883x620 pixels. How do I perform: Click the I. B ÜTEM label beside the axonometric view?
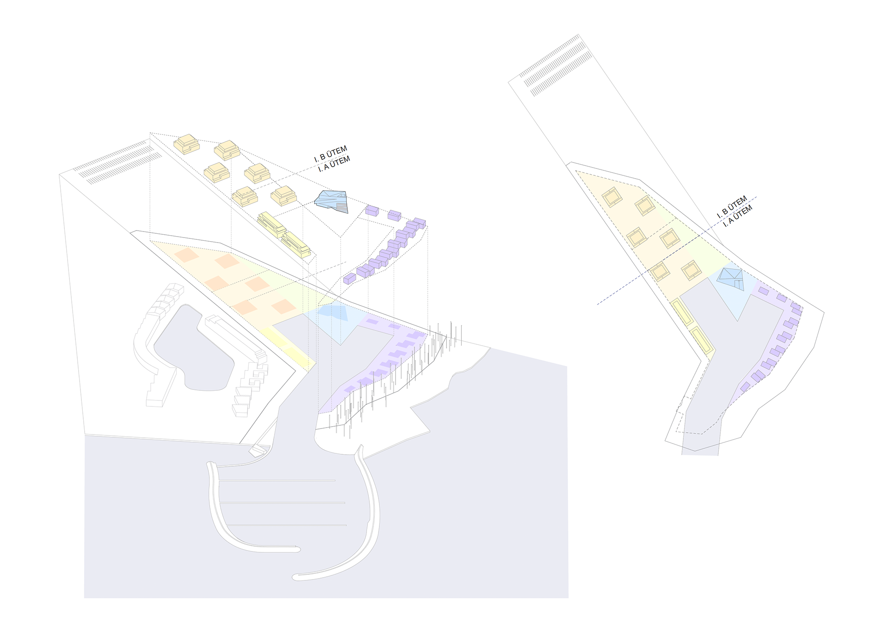pos(331,154)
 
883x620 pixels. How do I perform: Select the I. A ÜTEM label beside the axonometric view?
pos(334,164)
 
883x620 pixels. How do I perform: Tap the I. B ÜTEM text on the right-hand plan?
pos(732,208)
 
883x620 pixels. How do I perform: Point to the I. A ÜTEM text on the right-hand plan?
pos(738,216)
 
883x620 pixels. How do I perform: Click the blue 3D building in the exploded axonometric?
pos(331,202)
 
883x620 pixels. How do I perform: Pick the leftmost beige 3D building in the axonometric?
pos(186,144)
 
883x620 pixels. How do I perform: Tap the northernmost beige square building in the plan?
pos(612,197)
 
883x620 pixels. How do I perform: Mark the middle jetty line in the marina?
pos(282,503)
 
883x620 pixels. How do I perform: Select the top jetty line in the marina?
pos(277,481)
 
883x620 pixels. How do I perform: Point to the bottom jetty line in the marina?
pos(286,525)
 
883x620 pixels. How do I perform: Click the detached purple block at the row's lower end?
pos(350,278)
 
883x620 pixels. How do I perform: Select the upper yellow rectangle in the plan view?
pos(681,313)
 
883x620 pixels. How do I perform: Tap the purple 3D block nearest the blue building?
pos(372,210)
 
